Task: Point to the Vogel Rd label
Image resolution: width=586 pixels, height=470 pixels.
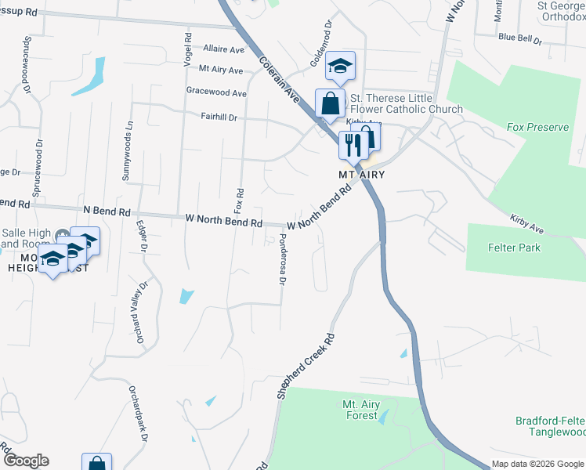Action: coord(188,49)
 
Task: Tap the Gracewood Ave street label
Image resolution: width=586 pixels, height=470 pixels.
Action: coord(216,92)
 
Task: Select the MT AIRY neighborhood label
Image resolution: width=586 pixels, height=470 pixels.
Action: coord(361,174)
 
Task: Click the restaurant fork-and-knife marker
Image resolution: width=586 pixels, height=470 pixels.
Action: coord(352,144)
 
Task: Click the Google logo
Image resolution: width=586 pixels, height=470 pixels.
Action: coord(25,461)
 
